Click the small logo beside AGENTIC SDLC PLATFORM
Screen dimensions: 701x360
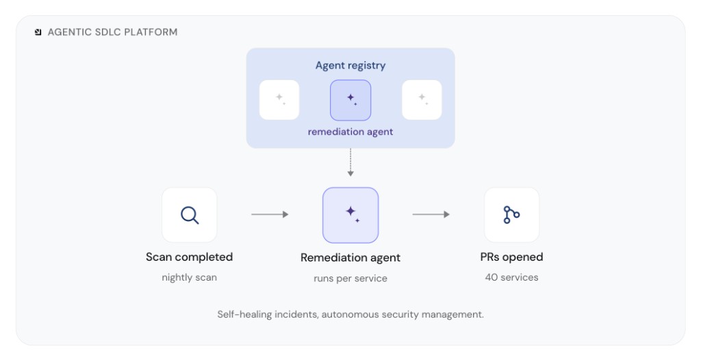(38, 32)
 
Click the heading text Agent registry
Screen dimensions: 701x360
(350, 66)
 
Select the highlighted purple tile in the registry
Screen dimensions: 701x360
(350, 100)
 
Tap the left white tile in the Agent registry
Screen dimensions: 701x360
(279, 100)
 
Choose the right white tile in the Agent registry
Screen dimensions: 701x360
(422, 100)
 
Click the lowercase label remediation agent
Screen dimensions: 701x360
(350, 132)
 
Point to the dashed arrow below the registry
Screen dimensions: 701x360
(350, 162)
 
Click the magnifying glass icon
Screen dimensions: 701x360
(190, 215)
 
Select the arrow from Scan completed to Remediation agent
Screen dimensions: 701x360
(270, 215)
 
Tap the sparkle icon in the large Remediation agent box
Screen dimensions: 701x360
(353, 214)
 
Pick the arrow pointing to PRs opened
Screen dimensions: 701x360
(431, 215)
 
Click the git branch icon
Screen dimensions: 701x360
(511, 215)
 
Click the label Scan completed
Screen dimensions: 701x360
(189, 257)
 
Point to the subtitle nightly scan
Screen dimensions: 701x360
(189, 278)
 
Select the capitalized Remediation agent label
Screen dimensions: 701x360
(350, 258)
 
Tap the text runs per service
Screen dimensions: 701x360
(350, 279)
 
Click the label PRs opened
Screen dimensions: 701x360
(511, 257)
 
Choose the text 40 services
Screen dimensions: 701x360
(511, 277)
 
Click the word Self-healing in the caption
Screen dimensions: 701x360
(244, 314)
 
